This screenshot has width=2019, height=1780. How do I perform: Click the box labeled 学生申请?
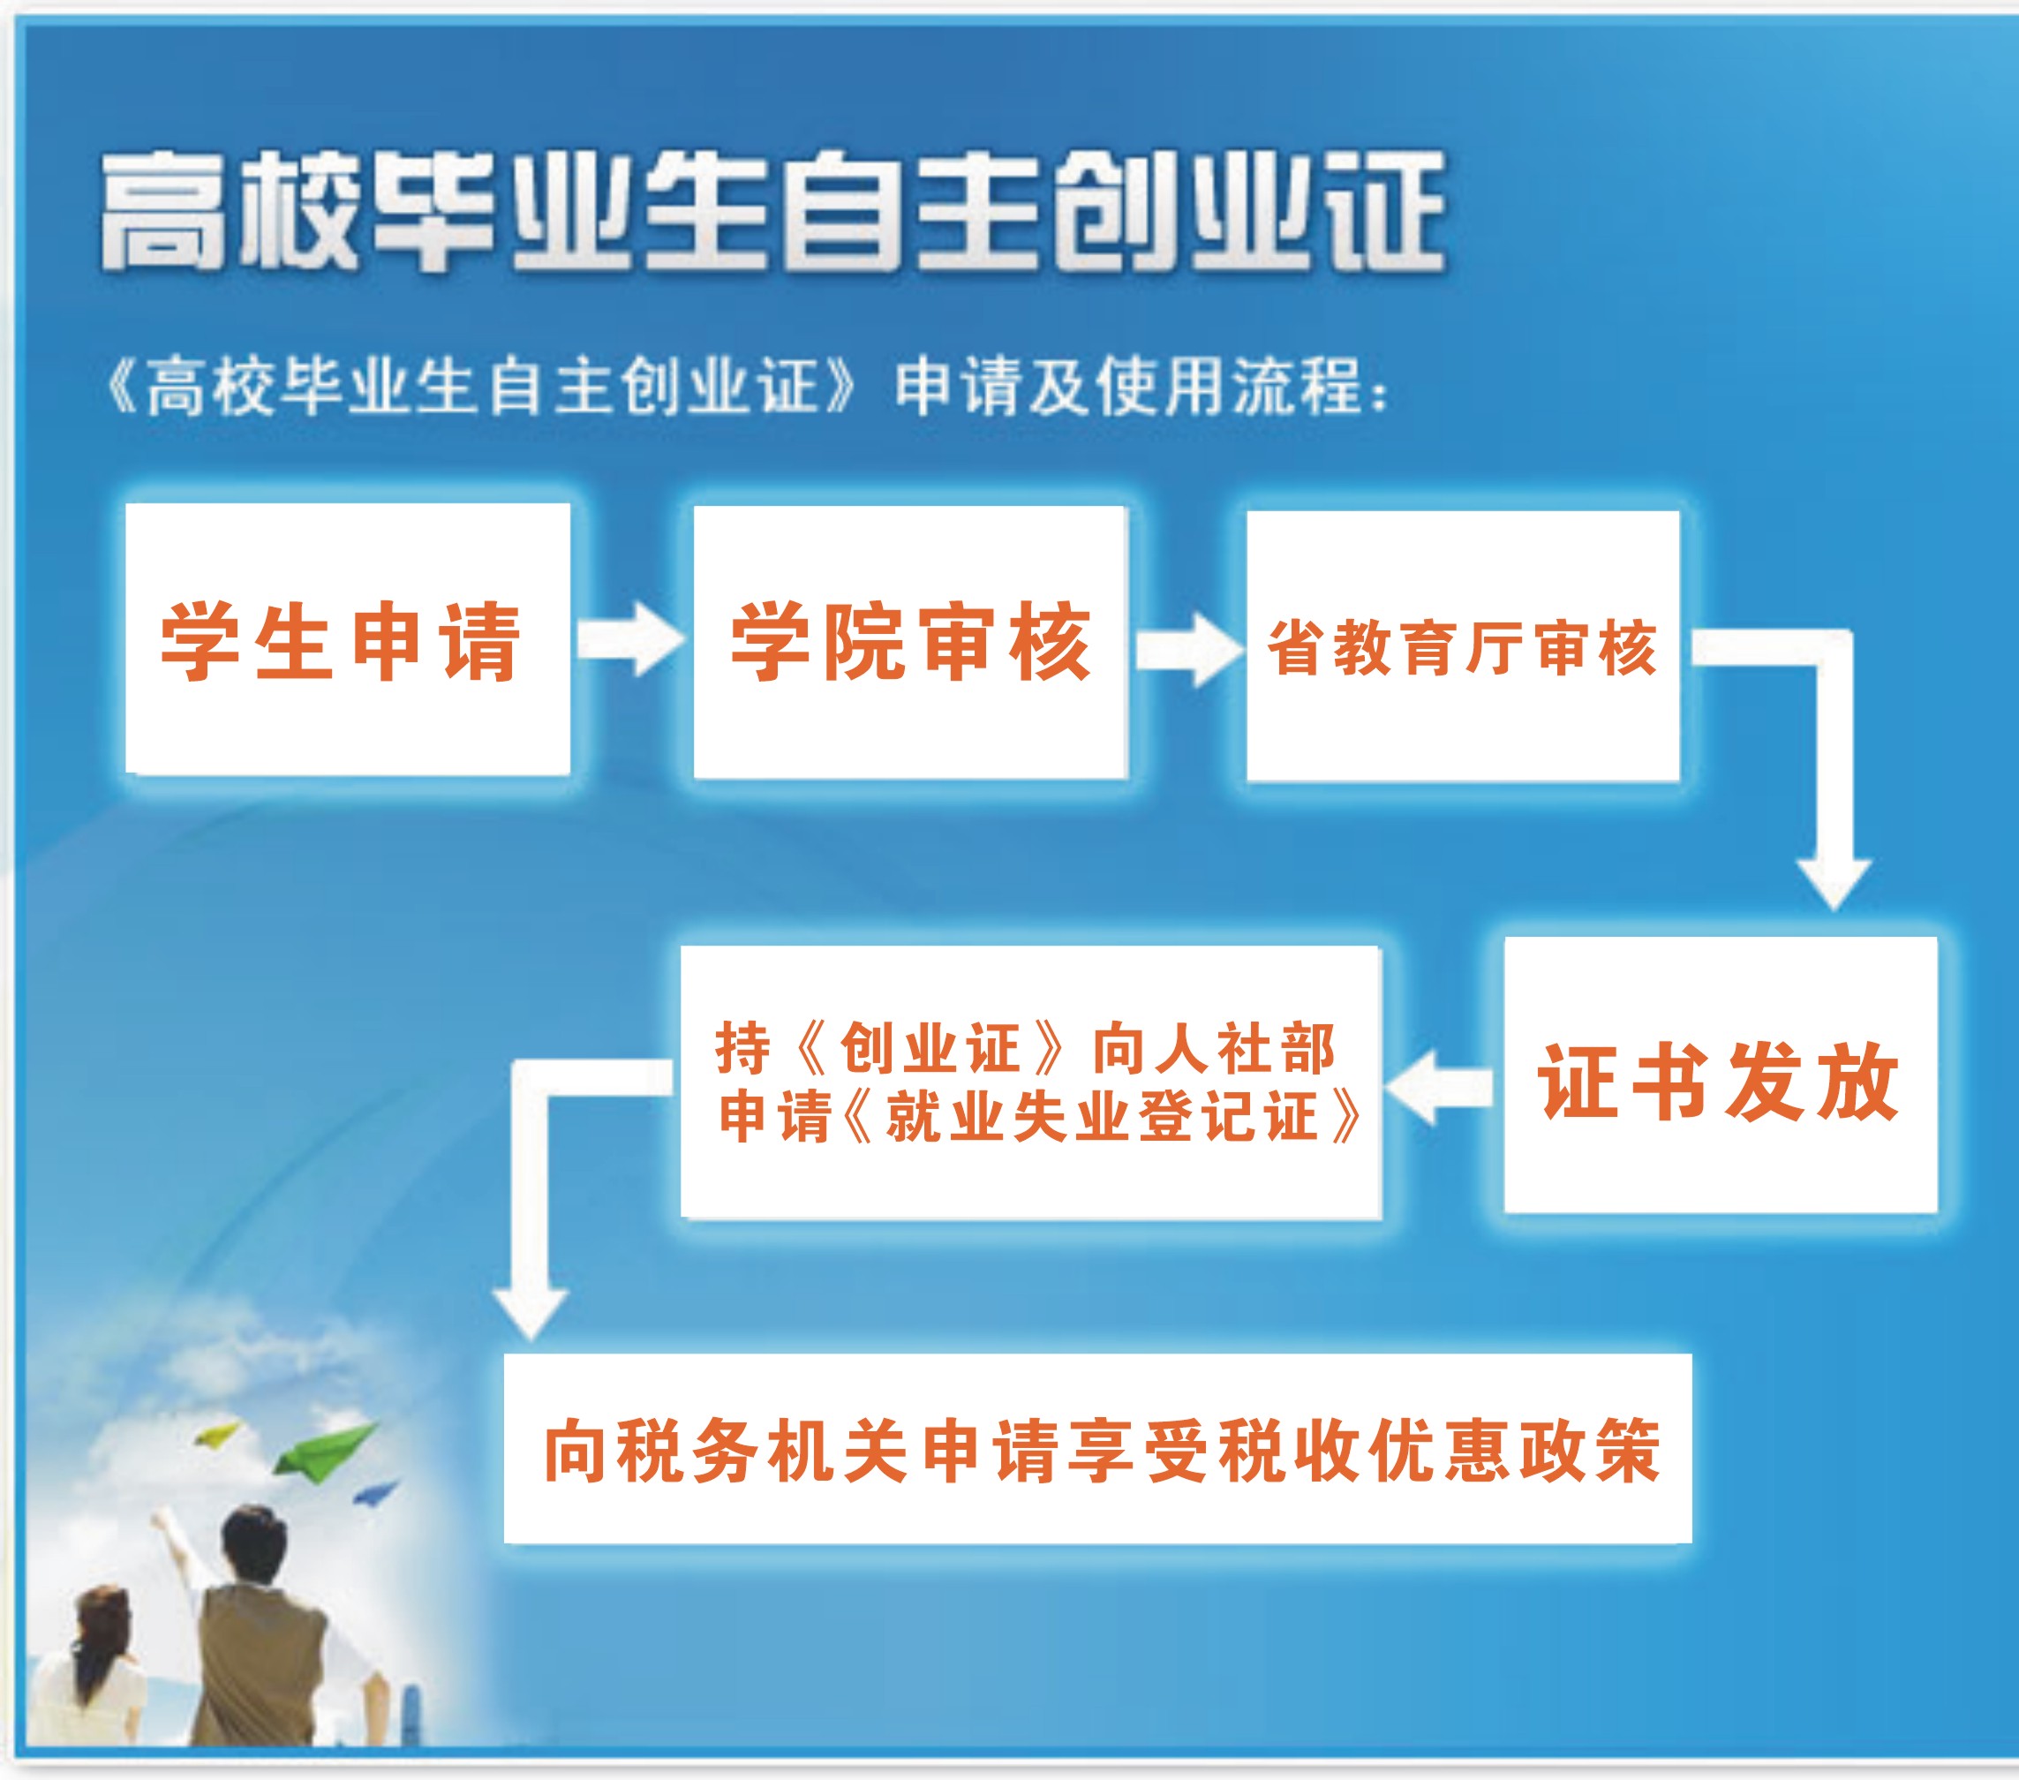pos(348,639)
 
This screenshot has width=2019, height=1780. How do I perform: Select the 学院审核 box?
pos(909,642)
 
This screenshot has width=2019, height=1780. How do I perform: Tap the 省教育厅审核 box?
pos(1463,646)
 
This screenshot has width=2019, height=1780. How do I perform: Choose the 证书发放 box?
pos(1720,1075)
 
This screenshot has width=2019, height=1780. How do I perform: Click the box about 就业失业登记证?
pos(1030,1082)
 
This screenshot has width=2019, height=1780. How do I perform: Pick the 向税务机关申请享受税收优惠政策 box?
pos(1097,1448)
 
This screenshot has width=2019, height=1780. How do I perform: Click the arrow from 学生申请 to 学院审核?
pos(630,639)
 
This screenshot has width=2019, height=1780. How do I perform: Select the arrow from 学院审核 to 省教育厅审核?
pos(1188,649)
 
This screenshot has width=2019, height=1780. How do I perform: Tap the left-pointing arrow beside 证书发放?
pos(1438,1088)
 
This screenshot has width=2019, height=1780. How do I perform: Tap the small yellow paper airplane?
pos(217,1433)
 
